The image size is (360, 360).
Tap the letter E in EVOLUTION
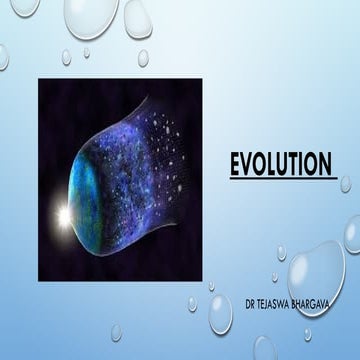coord(237,163)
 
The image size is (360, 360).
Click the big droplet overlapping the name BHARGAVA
coord(317,275)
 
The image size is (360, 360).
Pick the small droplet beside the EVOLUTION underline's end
coord(345,184)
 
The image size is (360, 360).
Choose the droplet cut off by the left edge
coord(4,57)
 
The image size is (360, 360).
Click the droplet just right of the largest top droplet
coord(138,17)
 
